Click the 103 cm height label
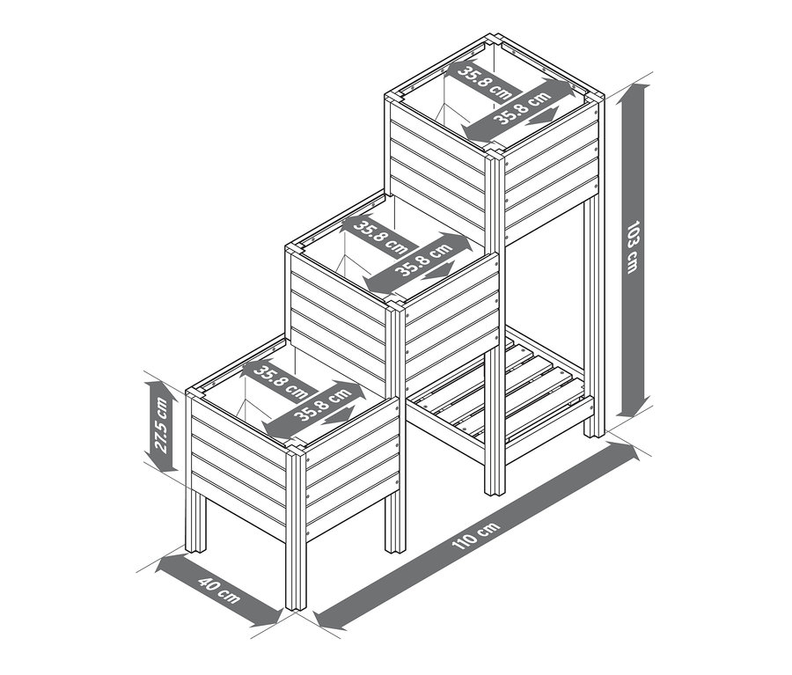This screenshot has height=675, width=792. pos(631,246)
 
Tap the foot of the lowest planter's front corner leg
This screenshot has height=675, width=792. pos(295,604)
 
